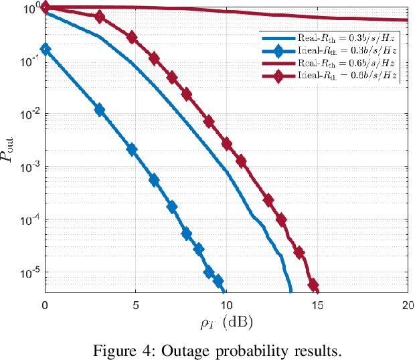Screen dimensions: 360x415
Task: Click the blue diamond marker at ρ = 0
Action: coord(45,49)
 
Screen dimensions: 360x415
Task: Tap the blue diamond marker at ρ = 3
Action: coord(99,110)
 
